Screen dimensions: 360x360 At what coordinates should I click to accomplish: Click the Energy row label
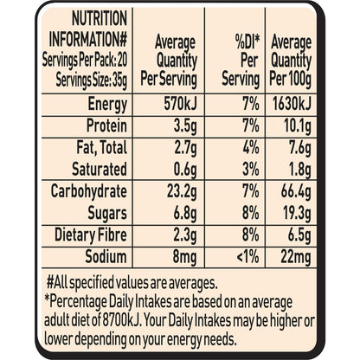click(x=107, y=105)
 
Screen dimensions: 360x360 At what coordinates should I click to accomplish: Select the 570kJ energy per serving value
click(x=181, y=104)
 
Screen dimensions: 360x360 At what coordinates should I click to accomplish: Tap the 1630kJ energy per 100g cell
click(x=292, y=104)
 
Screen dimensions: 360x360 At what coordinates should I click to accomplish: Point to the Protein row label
click(x=106, y=125)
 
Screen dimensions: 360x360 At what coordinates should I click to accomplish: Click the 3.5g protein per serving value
click(x=185, y=126)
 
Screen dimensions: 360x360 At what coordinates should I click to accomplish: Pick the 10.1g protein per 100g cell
click(x=298, y=126)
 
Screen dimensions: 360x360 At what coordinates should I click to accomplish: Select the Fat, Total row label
click(x=102, y=148)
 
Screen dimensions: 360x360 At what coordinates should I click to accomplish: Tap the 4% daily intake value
click(x=251, y=148)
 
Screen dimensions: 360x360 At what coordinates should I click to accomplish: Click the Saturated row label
click(x=100, y=169)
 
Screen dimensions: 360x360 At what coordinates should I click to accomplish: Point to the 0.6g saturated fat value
click(x=185, y=170)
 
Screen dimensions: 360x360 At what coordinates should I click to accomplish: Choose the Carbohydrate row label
click(x=89, y=191)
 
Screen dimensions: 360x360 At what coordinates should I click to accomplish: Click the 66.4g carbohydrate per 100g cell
click(x=297, y=192)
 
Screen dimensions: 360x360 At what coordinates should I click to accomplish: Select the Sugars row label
click(x=107, y=214)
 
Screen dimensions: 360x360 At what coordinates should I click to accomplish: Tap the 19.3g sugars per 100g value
click(x=298, y=215)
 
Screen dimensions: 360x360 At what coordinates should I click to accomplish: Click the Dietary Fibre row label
click(x=91, y=235)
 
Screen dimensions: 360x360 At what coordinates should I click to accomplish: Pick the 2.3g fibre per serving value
click(x=185, y=235)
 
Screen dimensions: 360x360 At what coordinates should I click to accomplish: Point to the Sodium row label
click(x=106, y=256)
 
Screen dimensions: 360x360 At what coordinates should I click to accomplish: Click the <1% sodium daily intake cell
click(x=247, y=257)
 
